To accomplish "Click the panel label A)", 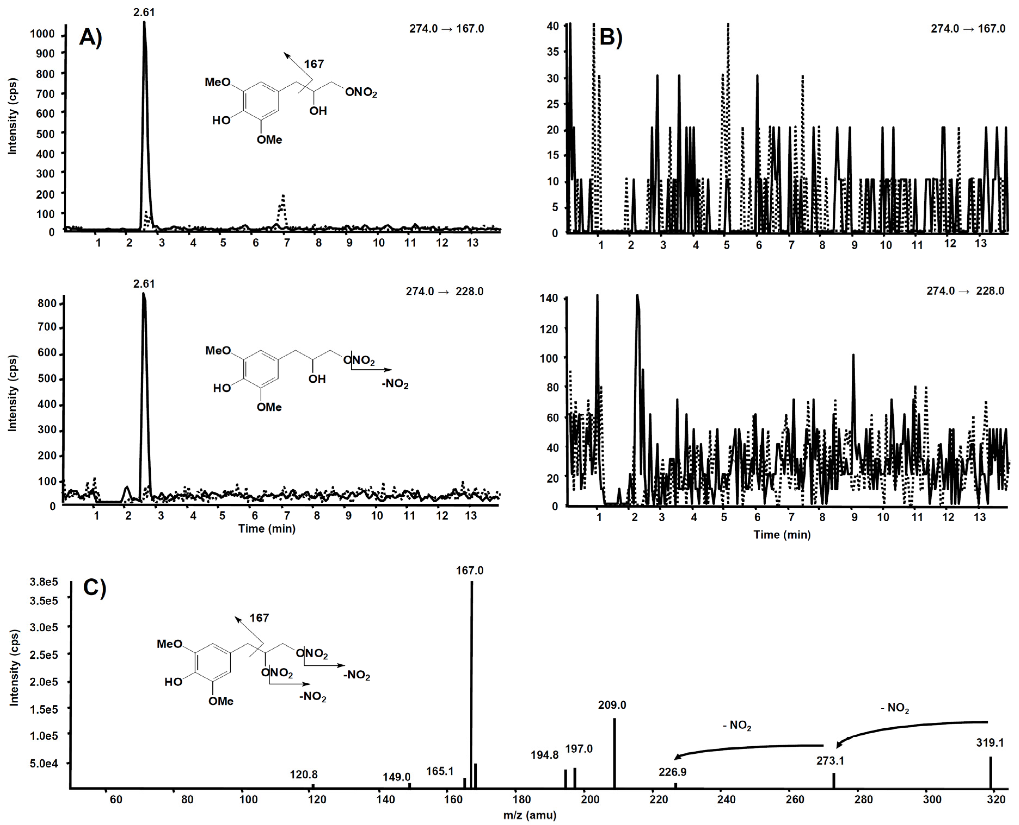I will click(91, 37).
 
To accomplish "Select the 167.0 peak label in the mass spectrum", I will click(470, 570).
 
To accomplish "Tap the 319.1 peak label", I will click(990, 742).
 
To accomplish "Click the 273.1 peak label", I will click(830, 761).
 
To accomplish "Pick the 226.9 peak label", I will click(672, 772).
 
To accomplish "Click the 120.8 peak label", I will click(304, 774).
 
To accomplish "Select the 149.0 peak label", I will click(397, 777).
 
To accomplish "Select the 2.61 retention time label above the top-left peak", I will click(144, 12).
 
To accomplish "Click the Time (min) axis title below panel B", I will click(782, 535).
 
